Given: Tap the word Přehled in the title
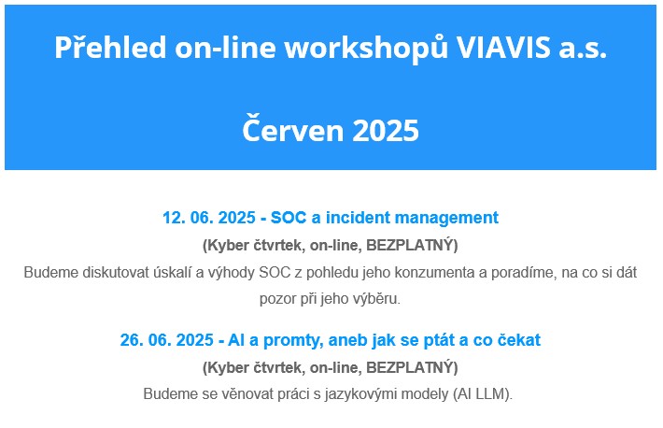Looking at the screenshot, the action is click(110, 47).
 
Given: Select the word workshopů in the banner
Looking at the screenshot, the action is click(366, 48).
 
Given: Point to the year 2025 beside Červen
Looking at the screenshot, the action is click(386, 131).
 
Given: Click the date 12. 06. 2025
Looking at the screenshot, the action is click(209, 218).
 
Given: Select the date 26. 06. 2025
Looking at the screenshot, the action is click(166, 340).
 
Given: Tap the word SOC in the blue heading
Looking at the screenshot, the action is click(289, 218).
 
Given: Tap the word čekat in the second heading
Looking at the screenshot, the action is click(518, 340).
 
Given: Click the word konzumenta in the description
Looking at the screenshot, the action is click(434, 272).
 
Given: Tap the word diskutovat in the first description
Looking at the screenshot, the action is click(135, 272).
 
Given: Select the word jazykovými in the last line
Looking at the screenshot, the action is click(360, 394).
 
